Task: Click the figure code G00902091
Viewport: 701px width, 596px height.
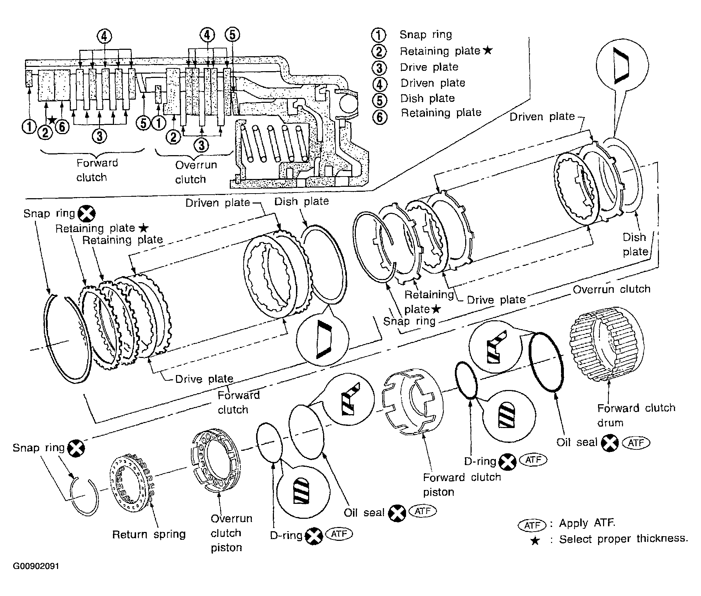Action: (x=36, y=566)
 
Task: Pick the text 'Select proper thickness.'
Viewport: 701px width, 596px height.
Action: (x=623, y=539)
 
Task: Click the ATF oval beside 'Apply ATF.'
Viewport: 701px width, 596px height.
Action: (x=532, y=525)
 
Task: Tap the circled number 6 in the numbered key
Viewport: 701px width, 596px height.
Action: (x=380, y=116)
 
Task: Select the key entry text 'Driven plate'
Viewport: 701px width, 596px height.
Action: (x=433, y=83)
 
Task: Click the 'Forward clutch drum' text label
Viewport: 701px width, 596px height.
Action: (x=636, y=415)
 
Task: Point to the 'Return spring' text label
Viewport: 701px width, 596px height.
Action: (x=149, y=534)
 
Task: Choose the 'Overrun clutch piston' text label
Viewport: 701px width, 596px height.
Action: (x=231, y=533)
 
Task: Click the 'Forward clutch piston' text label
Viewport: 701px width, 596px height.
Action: (x=462, y=484)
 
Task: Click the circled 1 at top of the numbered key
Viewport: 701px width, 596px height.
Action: (x=378, y=35)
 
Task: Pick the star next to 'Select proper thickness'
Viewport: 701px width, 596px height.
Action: (x=535, y=541)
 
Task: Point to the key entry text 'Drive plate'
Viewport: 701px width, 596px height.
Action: (x=429, y=67)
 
